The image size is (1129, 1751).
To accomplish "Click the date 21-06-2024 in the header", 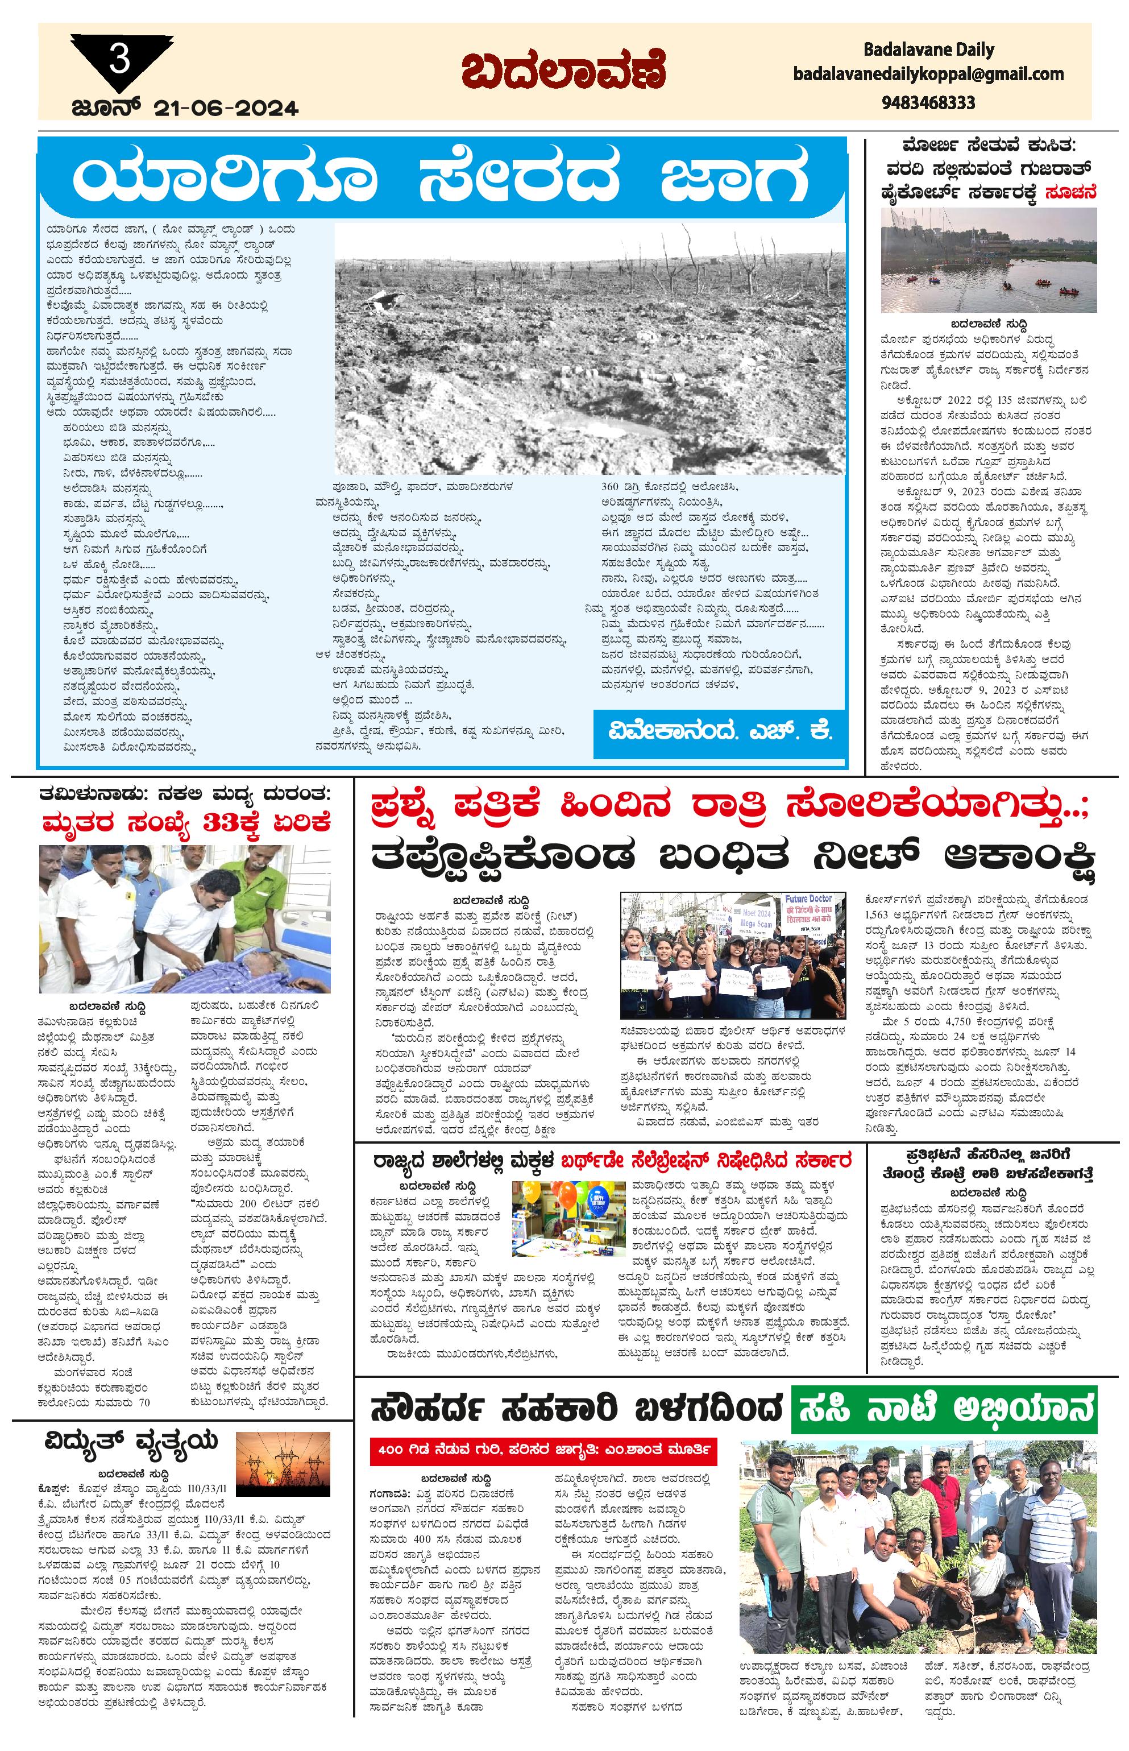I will (x=226, y=109).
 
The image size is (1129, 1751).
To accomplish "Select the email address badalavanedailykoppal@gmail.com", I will (x=928, y=74).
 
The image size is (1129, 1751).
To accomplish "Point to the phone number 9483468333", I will (x=928, y=102).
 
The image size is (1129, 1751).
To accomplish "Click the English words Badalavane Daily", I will (x=928, y=50).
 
